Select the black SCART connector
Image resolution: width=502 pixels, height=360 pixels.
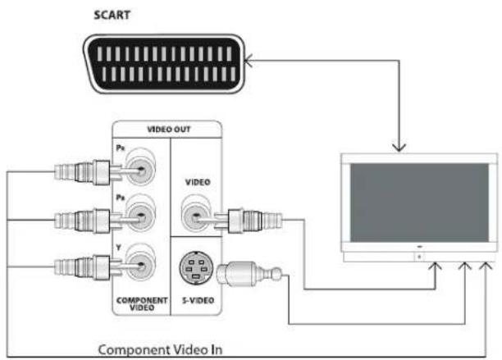[x=165, y=65]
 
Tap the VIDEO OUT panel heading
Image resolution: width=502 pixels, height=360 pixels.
[x=167, y=129]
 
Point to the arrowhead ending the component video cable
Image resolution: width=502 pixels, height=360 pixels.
[x=489, y=266]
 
